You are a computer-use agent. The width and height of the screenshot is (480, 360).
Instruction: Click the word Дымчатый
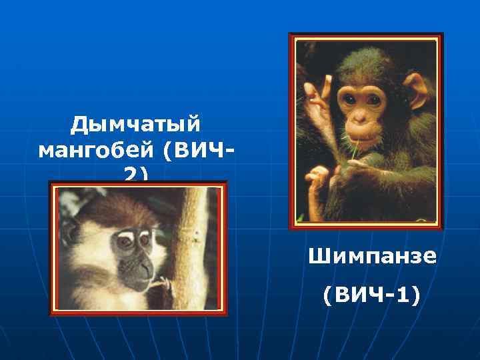[137, 124]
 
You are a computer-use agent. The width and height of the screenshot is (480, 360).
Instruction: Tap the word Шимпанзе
[372, 256]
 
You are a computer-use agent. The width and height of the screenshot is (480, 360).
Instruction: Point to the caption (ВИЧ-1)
[372, 294]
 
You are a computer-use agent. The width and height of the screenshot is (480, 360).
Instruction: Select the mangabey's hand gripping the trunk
[161, 285]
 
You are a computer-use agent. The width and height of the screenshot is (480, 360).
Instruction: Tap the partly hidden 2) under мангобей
[136, 174]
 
